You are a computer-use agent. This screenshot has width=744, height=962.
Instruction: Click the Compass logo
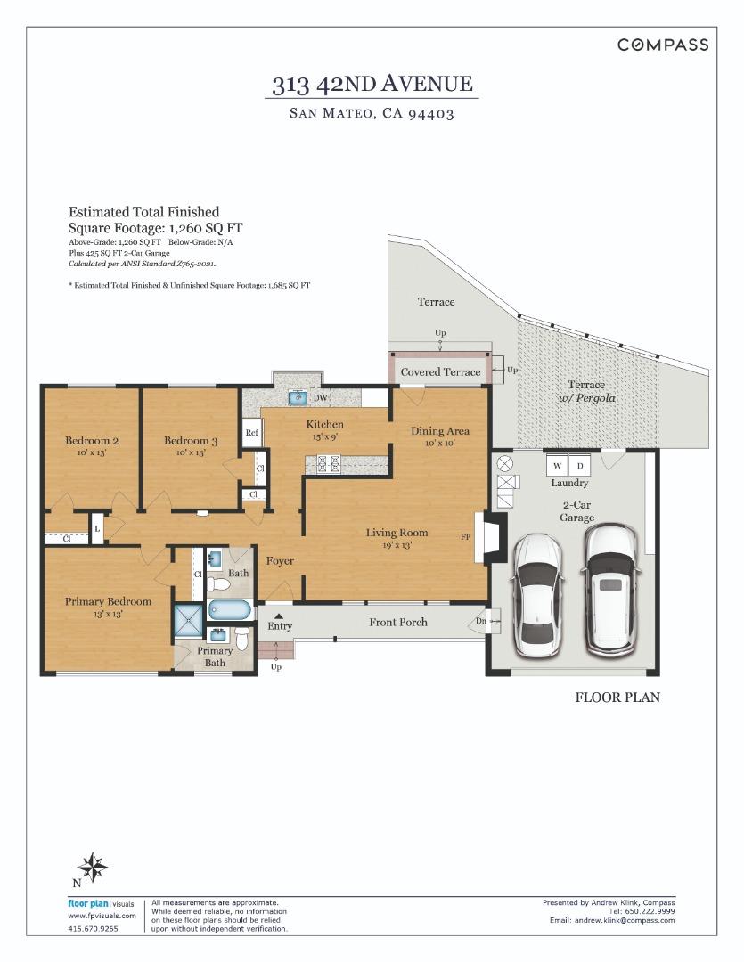(663, 45)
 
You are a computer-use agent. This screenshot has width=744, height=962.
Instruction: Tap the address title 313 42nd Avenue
(372, 84)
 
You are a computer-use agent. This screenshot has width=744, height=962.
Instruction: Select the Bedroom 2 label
(92, 441)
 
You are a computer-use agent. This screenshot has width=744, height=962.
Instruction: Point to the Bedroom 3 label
(191, 441)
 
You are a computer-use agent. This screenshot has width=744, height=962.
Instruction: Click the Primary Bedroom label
(108, 601)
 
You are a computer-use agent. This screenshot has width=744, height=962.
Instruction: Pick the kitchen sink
(298, 397)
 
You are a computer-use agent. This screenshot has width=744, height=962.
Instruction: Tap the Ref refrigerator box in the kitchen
(251, 433)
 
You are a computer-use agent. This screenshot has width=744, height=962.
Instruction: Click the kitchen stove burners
(328, 463)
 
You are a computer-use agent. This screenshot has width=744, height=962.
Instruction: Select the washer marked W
(558, 465)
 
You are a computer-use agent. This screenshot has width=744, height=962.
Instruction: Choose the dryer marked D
(579, 465)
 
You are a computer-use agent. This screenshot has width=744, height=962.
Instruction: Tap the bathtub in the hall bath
(230, 610)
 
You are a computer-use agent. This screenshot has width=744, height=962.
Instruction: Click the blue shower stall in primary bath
(189, 622)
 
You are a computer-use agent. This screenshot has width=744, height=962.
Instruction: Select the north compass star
(92, 868)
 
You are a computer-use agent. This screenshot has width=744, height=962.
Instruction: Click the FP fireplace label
(465, 537)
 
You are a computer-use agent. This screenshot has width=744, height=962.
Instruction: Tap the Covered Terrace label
(440, 371)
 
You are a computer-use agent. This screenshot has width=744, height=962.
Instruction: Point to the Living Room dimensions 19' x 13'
(397, 545)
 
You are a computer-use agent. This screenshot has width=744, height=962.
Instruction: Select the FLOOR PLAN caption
(617, 697)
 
